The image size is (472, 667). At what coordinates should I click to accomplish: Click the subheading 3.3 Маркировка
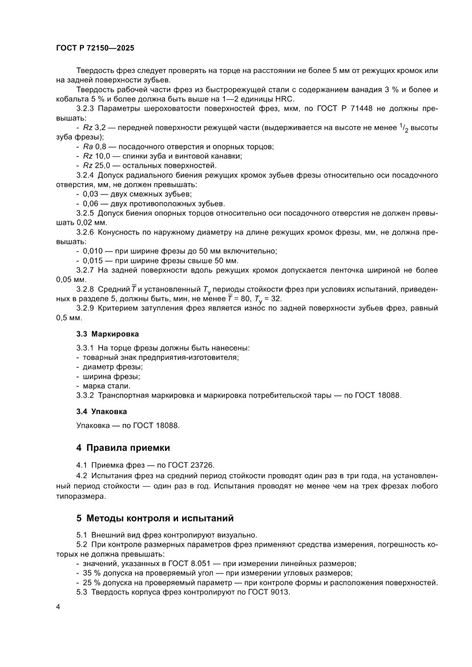coord(107,333)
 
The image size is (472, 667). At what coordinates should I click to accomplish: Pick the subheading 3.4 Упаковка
coord(102,411)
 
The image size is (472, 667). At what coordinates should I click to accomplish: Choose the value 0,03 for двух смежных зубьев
coord(91,194)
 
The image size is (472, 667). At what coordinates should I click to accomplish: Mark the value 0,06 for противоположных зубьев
coord(91,203)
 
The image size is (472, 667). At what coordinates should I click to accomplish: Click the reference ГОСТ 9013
coord(270,592)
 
